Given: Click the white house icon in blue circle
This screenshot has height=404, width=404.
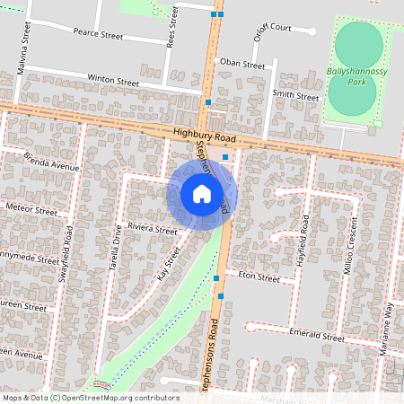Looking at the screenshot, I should point(202,194).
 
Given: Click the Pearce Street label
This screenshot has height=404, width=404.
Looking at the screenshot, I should point(99,34).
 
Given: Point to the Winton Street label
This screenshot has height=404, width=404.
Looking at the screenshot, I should point(113,81).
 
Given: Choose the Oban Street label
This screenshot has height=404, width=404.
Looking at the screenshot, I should point(242,65).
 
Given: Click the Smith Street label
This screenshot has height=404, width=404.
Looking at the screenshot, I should point(295,95).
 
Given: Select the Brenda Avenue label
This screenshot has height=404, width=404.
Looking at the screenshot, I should point(52,161).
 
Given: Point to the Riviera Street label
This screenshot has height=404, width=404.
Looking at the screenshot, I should point(153,229).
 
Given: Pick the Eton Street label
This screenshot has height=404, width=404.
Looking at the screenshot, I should point(259,277).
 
